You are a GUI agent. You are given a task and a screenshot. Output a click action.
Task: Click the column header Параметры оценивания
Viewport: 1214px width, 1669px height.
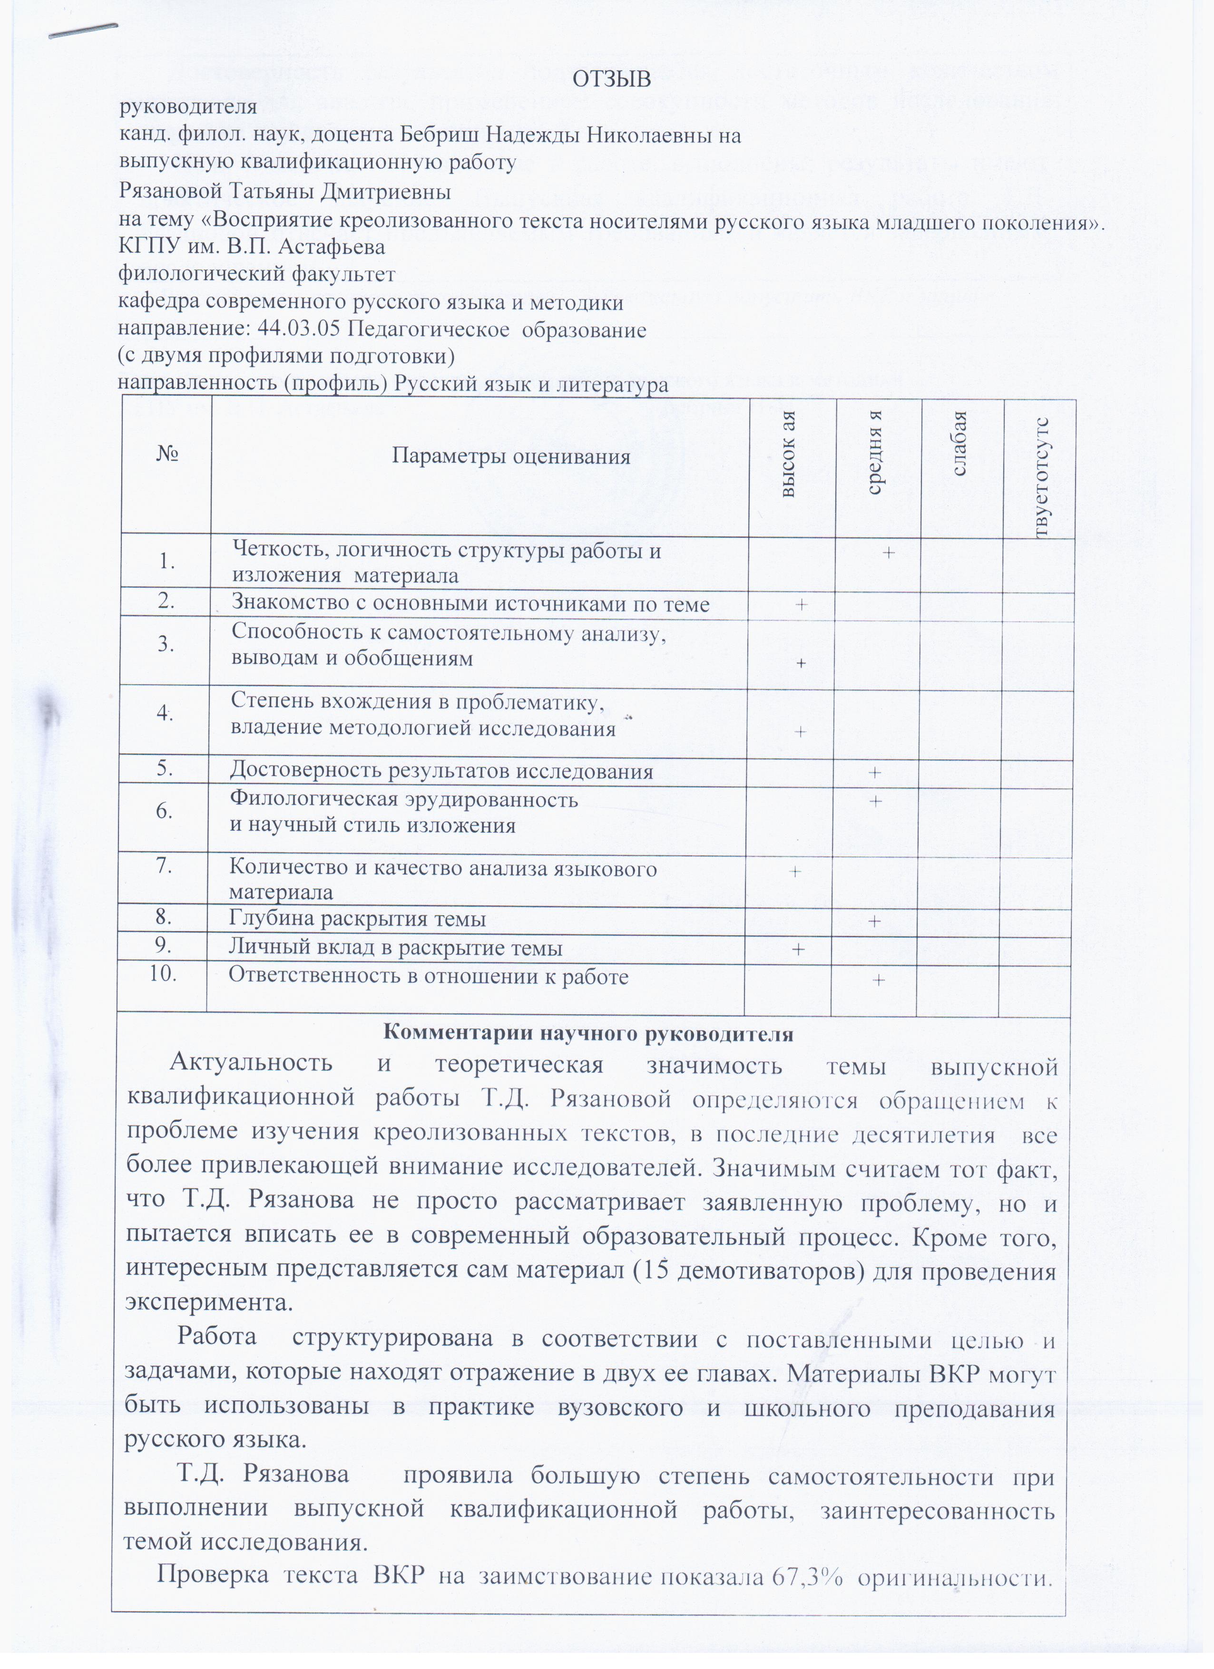(x=511, y=457)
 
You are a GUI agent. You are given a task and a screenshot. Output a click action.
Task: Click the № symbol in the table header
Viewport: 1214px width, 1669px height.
(x=168, y=455)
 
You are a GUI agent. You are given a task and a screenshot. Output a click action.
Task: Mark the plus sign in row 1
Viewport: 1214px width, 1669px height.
(x=889, y=553)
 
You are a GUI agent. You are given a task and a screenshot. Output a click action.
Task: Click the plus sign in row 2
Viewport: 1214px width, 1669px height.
(x=800, y=604)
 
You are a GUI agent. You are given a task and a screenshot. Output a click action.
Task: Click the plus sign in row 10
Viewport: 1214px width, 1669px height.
(x=878, y=980)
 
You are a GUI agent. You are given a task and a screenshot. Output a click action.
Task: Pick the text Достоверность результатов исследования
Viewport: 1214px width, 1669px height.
(x=441, y=771)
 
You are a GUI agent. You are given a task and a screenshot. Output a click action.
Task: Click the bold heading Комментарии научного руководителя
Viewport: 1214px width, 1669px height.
(x=588, y=1034)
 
